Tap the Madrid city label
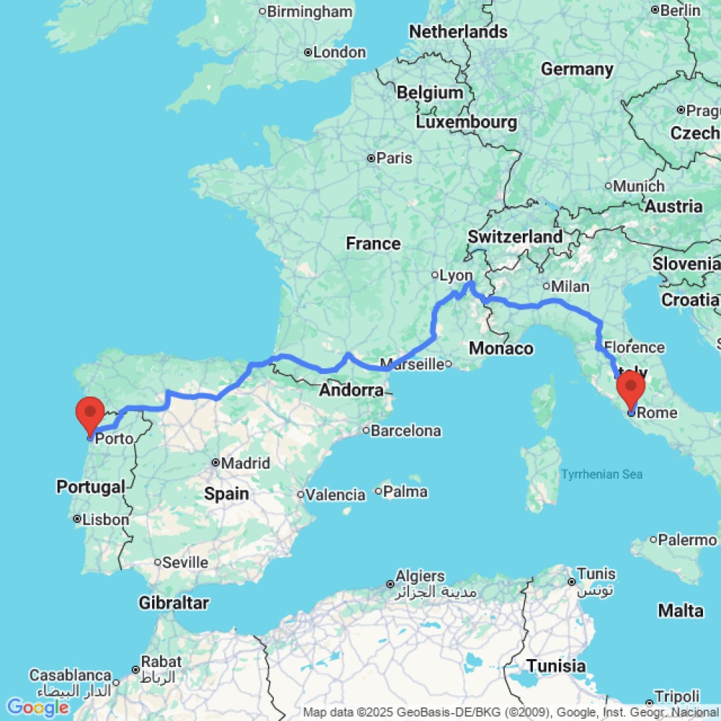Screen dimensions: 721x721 pos(246,464)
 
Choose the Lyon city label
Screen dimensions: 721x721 pos(456,275)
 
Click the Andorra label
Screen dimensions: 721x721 pos(351,391)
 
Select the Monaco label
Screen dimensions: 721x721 pos(501,349)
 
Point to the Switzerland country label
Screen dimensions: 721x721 pos(515,236)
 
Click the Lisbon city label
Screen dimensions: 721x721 pos(105,519)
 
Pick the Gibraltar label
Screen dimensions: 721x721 pos(174,603)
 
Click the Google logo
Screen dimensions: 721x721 pos(38,708)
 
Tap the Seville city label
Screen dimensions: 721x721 pos(185,562)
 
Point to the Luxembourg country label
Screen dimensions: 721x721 pos(466,122)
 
